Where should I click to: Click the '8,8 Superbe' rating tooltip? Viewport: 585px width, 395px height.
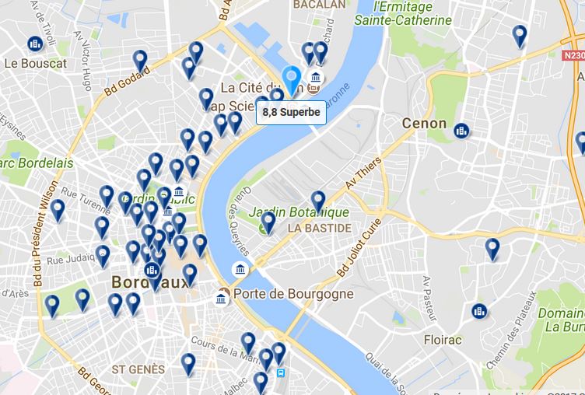tap(291, 113)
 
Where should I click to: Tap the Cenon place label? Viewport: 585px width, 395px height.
tap(424, 123)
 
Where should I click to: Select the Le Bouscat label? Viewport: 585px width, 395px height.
tap(35, 63)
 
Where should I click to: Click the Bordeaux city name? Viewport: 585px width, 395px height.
tap(150, 281)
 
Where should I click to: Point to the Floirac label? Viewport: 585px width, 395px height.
tap(443, 340)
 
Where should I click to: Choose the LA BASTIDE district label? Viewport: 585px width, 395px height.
tap(319, 229)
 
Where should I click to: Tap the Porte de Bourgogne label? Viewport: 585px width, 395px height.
tap(294, 294)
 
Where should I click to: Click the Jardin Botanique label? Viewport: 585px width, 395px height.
tap(299, 211)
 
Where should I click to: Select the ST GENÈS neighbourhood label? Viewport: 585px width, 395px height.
tap(138, 369)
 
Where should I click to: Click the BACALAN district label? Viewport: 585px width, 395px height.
tap(319, 5)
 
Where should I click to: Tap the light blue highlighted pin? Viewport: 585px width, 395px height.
tap(292, 80)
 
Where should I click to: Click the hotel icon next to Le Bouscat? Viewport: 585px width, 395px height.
tap(35, 44)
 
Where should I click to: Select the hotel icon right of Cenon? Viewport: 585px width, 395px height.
tap(461, 131)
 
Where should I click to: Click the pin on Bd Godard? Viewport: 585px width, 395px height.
tap(140, 61)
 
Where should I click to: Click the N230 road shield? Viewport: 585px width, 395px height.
tap(573, 55)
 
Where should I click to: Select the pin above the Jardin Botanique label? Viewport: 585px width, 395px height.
tap(317, 201)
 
